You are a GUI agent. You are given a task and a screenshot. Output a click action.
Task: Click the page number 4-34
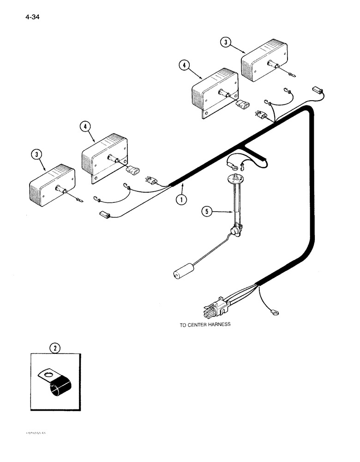[27, 18]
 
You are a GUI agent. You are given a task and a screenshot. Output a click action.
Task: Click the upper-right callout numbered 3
[226, 43]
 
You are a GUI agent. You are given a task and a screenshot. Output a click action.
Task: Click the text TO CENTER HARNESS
[204, 325]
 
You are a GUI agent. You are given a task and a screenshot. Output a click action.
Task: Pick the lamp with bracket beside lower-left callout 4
[105, 158]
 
